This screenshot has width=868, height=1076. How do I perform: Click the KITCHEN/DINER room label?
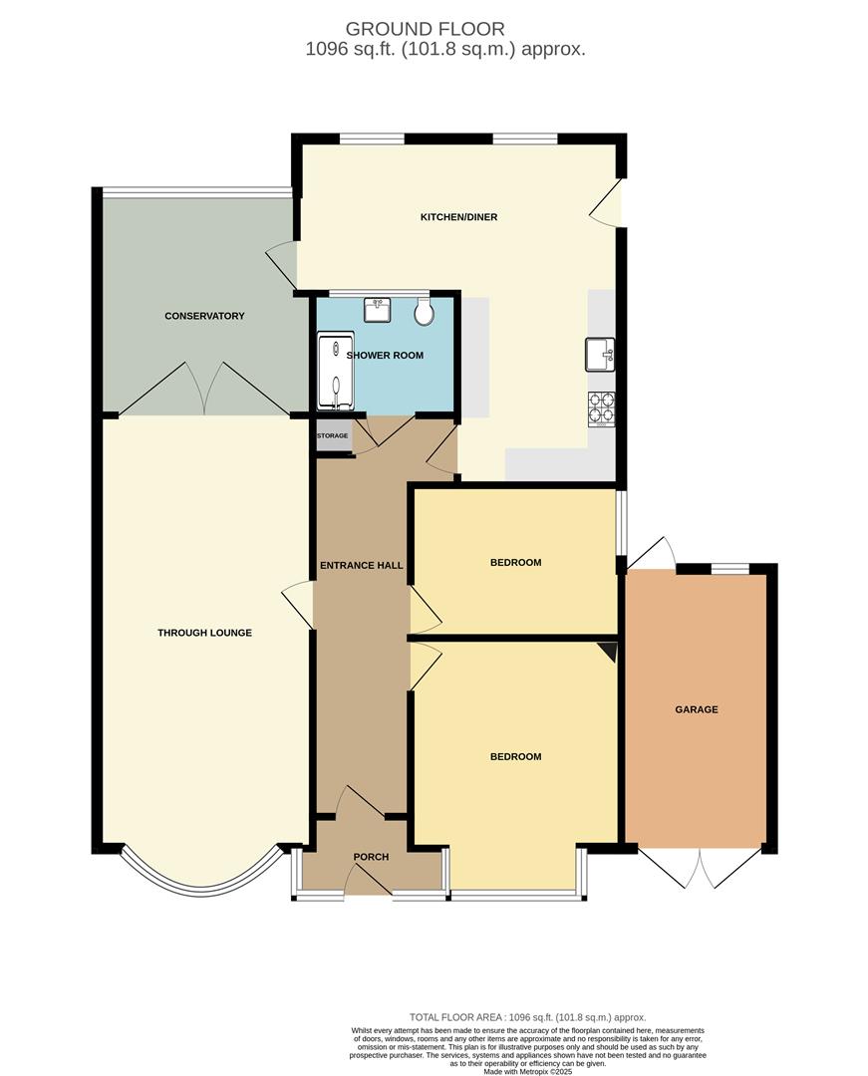point(458,217)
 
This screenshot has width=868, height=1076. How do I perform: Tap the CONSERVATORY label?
point(204,316)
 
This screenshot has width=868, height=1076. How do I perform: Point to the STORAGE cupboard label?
point(333,436)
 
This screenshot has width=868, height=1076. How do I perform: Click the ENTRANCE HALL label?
point(361,566)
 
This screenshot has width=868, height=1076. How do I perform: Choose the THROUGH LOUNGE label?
point(204,633)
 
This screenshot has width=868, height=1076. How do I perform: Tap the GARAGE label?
point(697,709)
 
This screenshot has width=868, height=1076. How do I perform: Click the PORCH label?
point(371,857)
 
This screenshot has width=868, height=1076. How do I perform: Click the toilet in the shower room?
point(424,313)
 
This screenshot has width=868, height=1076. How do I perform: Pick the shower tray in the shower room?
point(335,372)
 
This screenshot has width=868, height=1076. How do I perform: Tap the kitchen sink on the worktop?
point(600,354)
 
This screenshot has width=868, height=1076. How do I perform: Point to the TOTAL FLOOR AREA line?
point(527,1017)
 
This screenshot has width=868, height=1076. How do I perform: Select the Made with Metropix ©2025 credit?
point(528,1071)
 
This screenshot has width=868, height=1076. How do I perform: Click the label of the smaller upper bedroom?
point(515,563)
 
